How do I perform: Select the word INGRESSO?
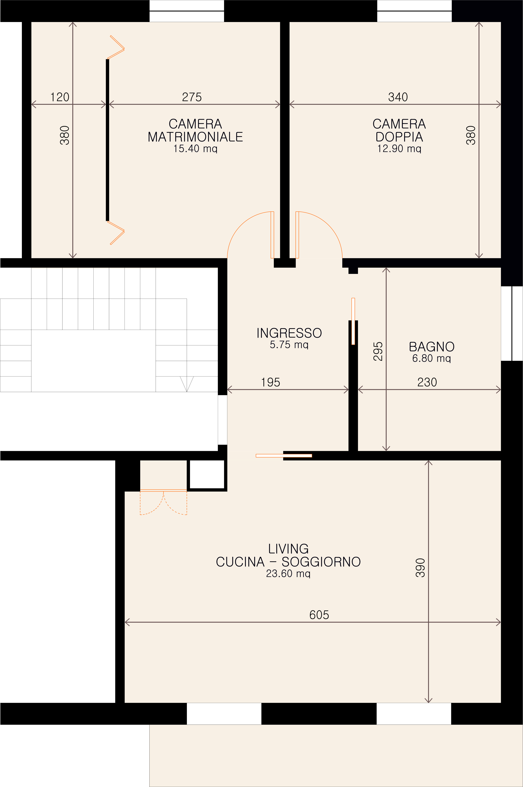coord(289,333)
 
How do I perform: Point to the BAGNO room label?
coord(432,347)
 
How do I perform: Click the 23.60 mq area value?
coord(288,573)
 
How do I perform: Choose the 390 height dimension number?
coord(420,568)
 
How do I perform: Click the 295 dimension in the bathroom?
coord(378,351)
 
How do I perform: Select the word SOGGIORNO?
coord(321,562)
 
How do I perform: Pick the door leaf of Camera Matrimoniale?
coord(272,235)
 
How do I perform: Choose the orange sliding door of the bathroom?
coord(353,321)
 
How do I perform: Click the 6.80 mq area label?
coord(432,358)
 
